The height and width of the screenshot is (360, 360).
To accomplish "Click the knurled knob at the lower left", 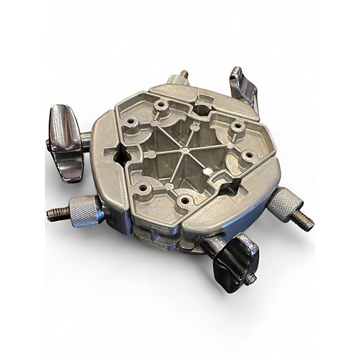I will (x=82, y=211).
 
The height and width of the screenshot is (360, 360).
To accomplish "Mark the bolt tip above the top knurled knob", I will (x=183, y=74).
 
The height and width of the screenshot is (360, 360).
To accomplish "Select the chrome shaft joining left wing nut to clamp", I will (x=86, y=139).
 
